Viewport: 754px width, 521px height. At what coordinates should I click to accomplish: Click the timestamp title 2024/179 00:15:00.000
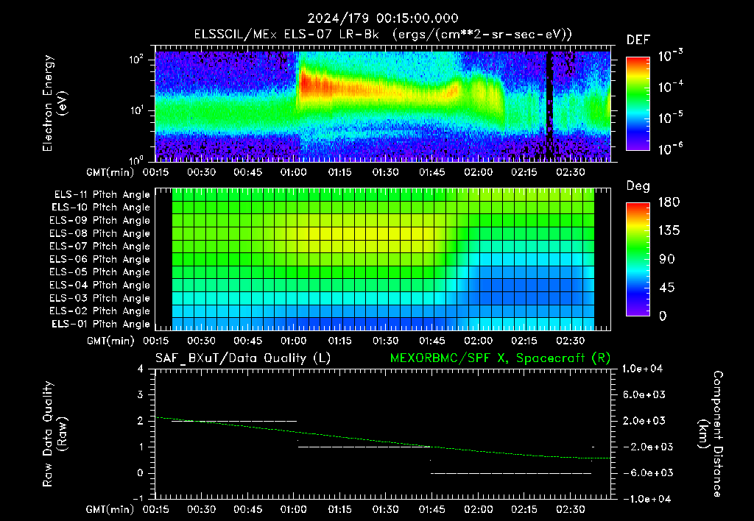pyautogui.click(x=383, y=18)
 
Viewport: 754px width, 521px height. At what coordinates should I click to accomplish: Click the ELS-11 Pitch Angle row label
pyautogui.click(x=102, y=195)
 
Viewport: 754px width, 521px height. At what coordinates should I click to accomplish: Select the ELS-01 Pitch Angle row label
pyautogui.click(x=101, y=324)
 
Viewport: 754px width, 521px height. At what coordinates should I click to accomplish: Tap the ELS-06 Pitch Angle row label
pyautogui.click(x=99, y=259)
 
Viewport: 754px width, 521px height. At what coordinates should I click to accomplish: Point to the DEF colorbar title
pyautogui.click(x=638, y=40)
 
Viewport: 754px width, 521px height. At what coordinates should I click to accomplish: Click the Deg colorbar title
pyautogui.click(x=638, y=186)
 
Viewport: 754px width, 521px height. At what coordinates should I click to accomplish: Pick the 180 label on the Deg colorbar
pyautogui.click(x=669, y=202)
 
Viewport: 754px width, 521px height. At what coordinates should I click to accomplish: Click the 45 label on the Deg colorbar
pyautogui.click(x=666, y=288)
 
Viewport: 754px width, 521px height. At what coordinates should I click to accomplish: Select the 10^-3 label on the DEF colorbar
pyautogui.click(x=670, y=56)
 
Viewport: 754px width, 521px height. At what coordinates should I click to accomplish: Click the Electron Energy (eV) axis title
pyautogui.click(x=54, y=103)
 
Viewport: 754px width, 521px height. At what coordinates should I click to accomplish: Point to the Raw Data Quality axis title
pyautogui.click(x=54, y=433)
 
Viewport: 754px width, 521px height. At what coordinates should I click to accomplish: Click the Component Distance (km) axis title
pyautogui.click(x=711, y=434)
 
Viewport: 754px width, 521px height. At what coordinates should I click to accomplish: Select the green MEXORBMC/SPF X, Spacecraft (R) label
pyautogui.click(x=500, y=358)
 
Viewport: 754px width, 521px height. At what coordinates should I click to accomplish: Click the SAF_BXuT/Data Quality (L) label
pyautogui.click(x=243, y=358)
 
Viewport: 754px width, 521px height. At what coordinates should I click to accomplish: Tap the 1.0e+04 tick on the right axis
pyautogui.click(x=642, y=369)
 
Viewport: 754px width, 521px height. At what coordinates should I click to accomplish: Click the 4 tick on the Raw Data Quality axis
pyautogui.click(x=141, y=369)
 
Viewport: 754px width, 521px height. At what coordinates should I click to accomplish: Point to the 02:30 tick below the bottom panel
pyautogui.click(x=571, y=509)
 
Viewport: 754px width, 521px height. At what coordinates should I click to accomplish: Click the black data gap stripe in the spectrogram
pyautogui.click(x=549, y=106)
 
